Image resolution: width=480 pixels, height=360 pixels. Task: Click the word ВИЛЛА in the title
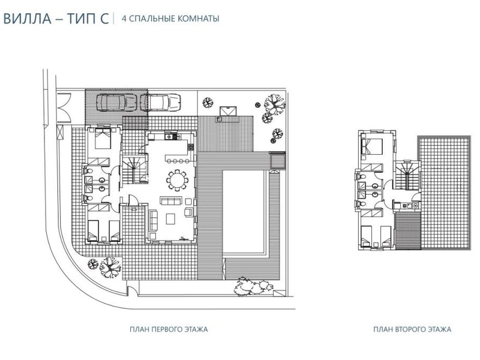(27, 19)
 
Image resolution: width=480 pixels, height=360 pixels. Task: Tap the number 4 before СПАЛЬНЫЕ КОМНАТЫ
(124, 19)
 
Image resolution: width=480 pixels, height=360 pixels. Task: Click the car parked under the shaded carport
(116, 102)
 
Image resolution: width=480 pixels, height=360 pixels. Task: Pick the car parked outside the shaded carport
(160, 102)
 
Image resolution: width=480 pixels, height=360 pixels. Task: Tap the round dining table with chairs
(177, 181)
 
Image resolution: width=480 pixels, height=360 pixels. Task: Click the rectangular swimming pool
(244, 212)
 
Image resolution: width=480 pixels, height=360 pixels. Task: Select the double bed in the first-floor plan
(103, 138)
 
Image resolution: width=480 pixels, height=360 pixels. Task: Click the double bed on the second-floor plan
(371, 146)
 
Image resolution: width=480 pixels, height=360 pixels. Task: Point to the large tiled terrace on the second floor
(445, 193)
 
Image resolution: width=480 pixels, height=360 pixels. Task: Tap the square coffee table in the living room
(170, 218)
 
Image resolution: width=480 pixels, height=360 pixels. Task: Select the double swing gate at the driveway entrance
(64, 108)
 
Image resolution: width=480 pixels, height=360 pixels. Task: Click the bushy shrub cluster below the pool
(253, 286)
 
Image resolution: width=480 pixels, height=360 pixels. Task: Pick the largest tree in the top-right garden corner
(275, 104)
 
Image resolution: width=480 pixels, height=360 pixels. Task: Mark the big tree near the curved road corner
(110, 267)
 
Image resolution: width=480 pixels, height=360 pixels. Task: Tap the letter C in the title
(104, 19)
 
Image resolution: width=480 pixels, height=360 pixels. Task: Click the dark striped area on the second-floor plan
(408, 231)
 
